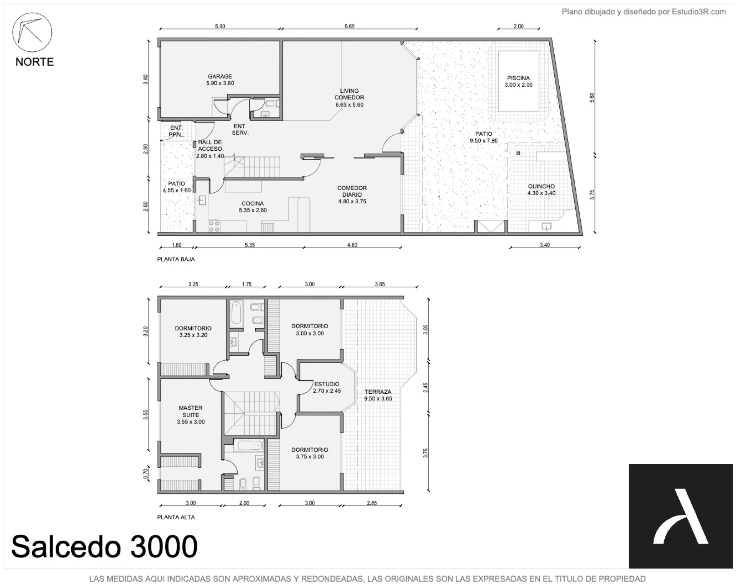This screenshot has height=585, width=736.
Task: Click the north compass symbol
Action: click(x=32, y=32)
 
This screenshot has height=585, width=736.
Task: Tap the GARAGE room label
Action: click(x=220, y=76)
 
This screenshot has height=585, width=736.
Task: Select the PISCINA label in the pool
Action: click(x=518, y=78)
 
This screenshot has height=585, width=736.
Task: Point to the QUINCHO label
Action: click(x=541, y=186)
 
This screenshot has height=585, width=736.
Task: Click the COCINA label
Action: click(x=253, y=204)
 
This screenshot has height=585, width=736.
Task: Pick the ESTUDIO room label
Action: click(x=327, y=384)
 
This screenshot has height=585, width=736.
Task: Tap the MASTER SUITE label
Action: click(x=191, y=411)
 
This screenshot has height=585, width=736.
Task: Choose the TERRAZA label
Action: click(x=378, y=392)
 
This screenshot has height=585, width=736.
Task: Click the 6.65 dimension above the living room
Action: click(x=350, y=26)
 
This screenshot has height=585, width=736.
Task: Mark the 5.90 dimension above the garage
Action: click(x=220, y=26)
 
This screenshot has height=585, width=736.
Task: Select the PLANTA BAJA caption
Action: click(x=176, y=259)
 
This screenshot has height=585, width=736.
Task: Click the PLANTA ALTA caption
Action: click(x=176, y=517)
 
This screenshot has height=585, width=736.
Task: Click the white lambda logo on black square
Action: click(x=681, y=516)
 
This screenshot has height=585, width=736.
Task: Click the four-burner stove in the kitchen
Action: click(x=214, y=226)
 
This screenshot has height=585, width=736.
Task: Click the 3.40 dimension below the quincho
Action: click(x=545, y=245)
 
